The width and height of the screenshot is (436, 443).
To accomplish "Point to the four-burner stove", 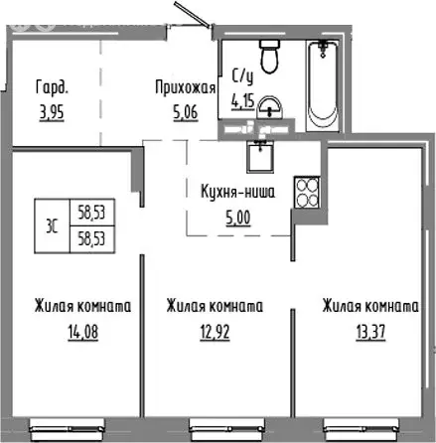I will click(x=304, y=192).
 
